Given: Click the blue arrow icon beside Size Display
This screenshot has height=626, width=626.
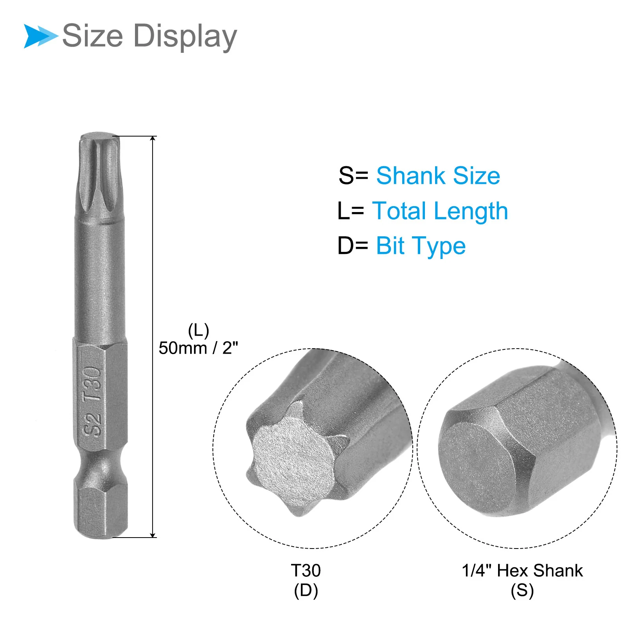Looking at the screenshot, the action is pyautogui.click(x=41, y=36).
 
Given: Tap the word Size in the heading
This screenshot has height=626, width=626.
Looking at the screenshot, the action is pyautogui.click(x=93, y=36).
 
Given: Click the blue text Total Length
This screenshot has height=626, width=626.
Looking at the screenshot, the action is pyautogui.click(x=440, y=211).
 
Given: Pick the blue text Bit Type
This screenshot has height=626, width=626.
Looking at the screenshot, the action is pyautogui.click(x=421, y=246).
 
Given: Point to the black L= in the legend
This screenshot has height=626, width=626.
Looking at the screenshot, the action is pyautogui.click(x=351, y=211).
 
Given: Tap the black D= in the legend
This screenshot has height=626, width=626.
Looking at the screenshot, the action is pyautogui.click(x=353, y=246).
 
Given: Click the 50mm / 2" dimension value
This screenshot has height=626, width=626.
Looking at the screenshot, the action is pyautogui.click(x=198, y=348).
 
